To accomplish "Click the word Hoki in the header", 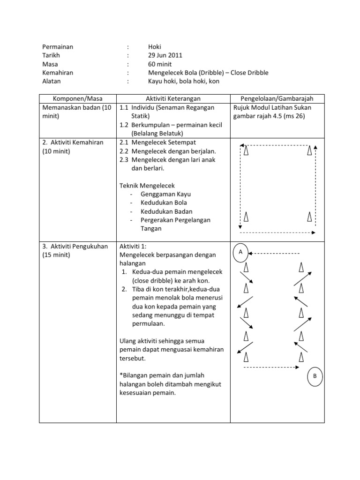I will (x=154, y=47).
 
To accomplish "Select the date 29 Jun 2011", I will (x=165, y=55).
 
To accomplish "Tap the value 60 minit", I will (x=160, y=64).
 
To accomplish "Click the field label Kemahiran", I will (x=58, y=73).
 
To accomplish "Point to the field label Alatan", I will (x=52, y=81).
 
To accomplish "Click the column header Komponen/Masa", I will (x=77, y=98).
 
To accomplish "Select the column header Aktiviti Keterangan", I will (x=173, y=98).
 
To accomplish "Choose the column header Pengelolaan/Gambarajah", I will (x=277, y=98).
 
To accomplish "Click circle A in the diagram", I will (x=240, y=252).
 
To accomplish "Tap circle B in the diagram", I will (x=315, y=376).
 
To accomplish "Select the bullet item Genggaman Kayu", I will (x=165, y=194).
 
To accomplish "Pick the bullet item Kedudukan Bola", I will (x=164, y=202).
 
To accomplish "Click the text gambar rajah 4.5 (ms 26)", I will (x=269, y=116).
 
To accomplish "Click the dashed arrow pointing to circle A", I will (x=274, y=254).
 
